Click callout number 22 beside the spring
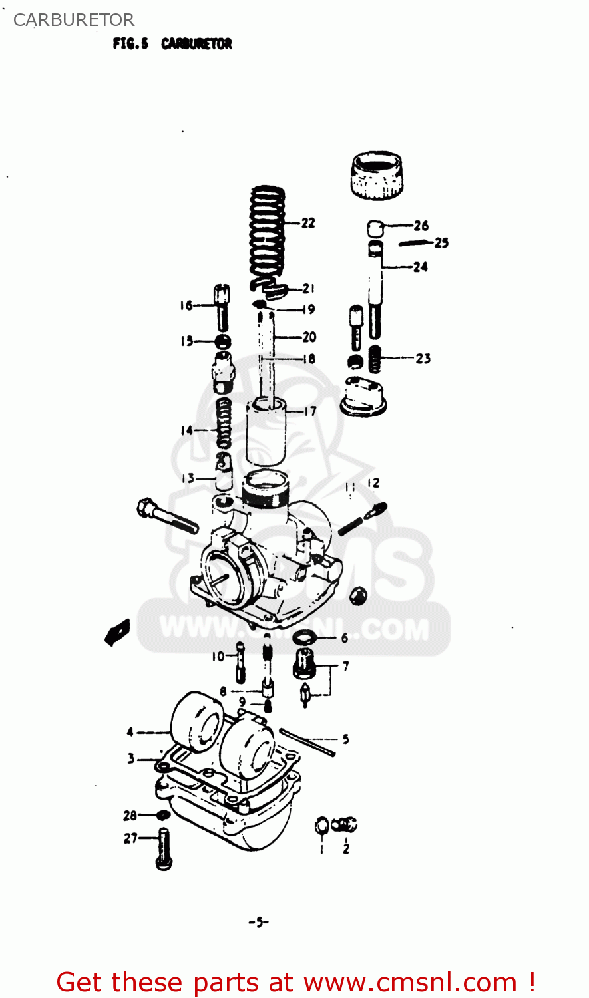click(x=308, y=223)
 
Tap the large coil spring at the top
click(x=268, y=233)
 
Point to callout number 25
click(x=442, y=243)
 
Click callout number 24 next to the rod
click(x=420, y=267)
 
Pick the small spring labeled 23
click(x=375, y=359)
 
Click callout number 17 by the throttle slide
click(x=310, y=411)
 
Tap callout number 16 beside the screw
click(x=186, y=305)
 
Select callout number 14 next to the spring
click(x=186, y=430)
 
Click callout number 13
click(x=188, y=478)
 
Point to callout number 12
click(x=373, y=483)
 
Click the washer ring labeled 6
click(x=304, y=638)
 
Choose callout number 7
click(x=345, y=665)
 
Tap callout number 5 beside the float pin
click(x=345, y=739)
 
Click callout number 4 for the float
click(x=130, y=732)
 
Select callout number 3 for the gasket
click(x=131, y=758)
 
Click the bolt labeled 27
click(x=164, y=848)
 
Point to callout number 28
click(x=130, y=815)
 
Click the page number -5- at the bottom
click(x=258, y=922)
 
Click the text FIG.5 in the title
click(x=130, y=44)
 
